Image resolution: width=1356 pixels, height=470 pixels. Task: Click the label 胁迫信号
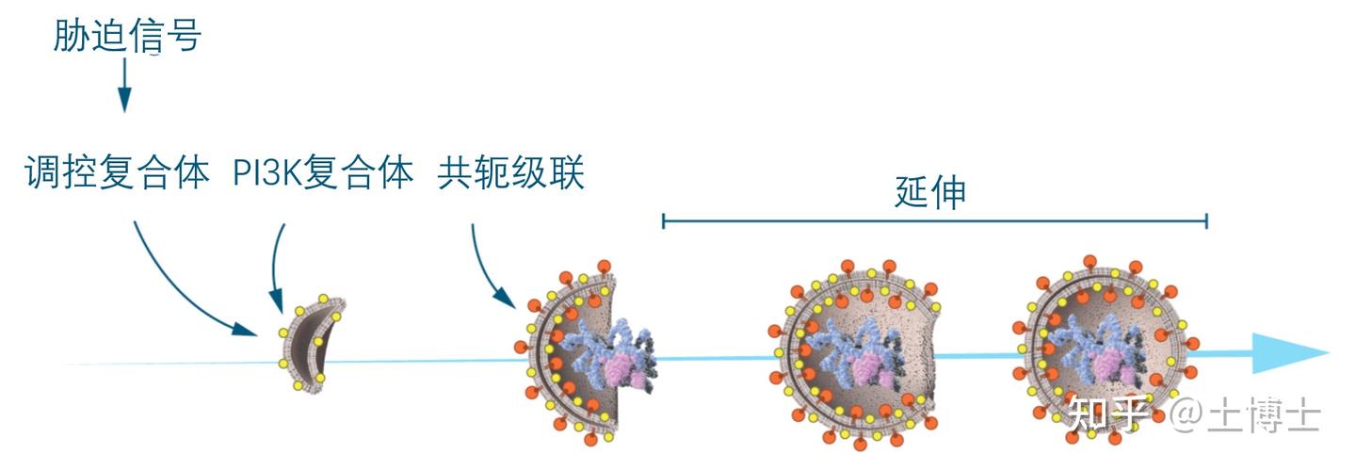127,37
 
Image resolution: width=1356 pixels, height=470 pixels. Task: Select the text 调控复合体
117,174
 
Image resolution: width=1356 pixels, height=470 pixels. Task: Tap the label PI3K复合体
323,174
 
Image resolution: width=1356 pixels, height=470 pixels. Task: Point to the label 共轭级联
511,174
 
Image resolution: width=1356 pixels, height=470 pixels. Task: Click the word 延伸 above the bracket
930,192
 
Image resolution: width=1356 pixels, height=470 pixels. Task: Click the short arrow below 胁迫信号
124,86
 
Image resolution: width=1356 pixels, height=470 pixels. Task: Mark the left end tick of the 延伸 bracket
664,221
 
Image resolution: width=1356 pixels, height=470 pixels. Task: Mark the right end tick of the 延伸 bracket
1206,221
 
